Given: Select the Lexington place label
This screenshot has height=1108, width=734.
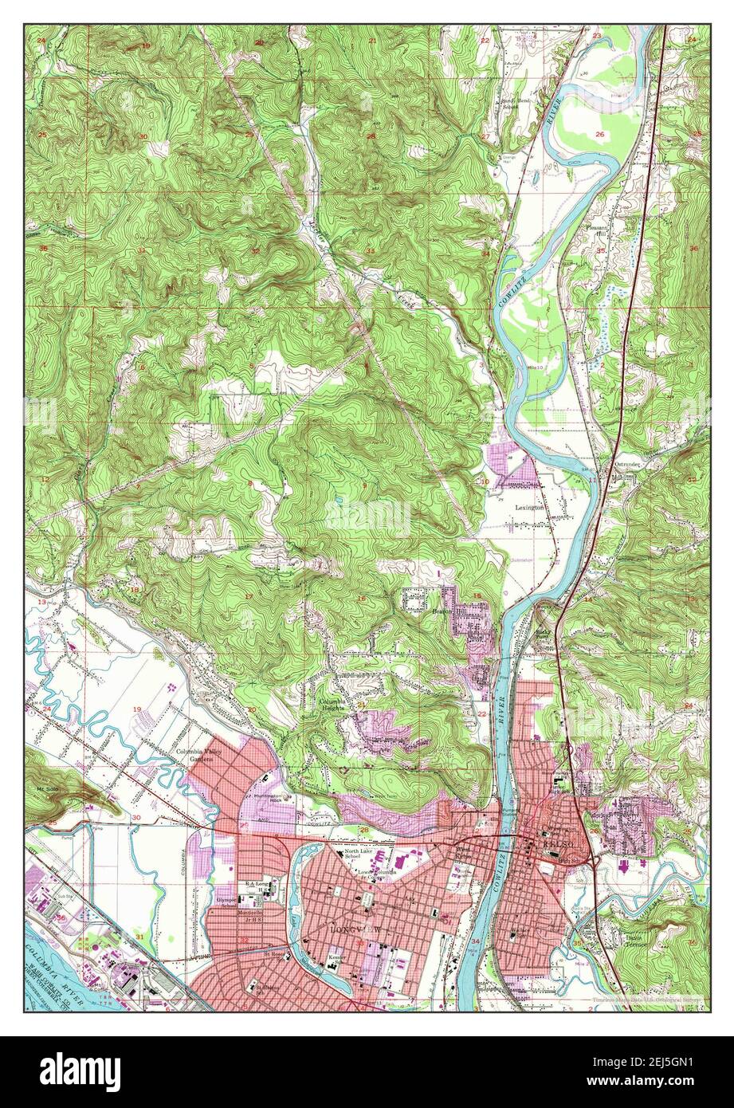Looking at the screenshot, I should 529,507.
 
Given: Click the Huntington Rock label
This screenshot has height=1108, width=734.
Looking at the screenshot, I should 269,800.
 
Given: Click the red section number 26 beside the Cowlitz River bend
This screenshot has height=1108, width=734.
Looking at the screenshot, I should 599,134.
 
